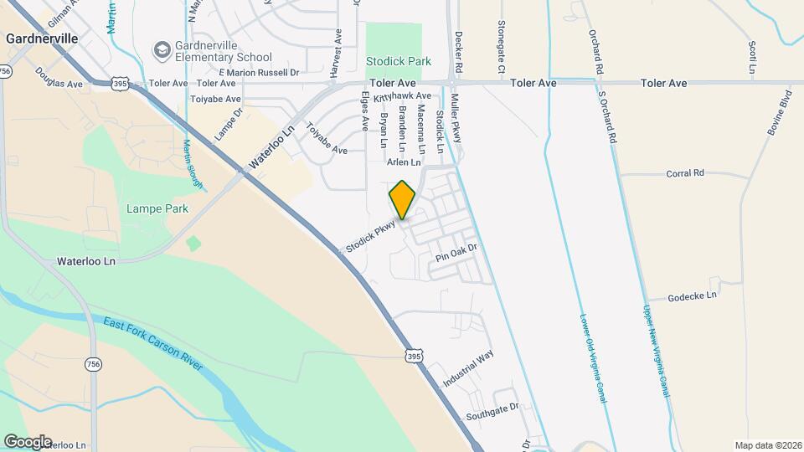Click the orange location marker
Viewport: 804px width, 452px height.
[x=402, y=200]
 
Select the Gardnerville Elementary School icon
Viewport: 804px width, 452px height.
[x=161, y=50]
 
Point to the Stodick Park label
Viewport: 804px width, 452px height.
[x=398, y=61]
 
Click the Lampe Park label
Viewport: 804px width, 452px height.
[x=157, y=208]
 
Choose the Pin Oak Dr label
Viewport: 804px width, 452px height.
[x=456, y=248]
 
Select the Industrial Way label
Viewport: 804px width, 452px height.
[x=468, y=368]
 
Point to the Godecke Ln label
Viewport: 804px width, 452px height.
[x=693, y=296]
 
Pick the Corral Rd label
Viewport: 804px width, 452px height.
[x=685, y=173]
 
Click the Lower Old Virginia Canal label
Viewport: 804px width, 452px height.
[x=592, y=358]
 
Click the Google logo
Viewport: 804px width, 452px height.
[x=27, y=442]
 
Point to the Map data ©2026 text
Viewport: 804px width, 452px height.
[x=767, y=445]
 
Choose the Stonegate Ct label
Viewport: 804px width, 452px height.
[x=501, y=46]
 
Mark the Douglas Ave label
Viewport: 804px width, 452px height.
[x=59, y=85]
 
